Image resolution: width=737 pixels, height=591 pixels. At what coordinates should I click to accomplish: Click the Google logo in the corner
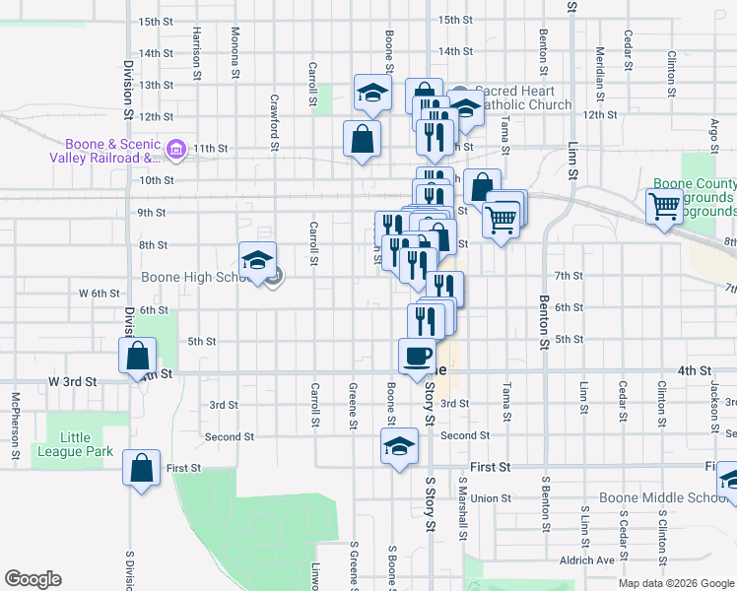click(x=33, y=579)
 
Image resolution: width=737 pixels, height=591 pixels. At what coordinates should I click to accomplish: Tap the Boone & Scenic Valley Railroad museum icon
click(x=176, y=150)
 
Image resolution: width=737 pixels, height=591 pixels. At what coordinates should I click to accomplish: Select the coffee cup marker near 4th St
click(x=417, y=355)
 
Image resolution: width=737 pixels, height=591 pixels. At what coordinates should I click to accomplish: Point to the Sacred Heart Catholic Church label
click(x=522, y=98)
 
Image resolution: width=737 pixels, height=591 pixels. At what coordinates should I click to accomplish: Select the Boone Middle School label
click(x=667, y=497)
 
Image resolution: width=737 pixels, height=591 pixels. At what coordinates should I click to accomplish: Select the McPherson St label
click(x=16, y=427)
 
